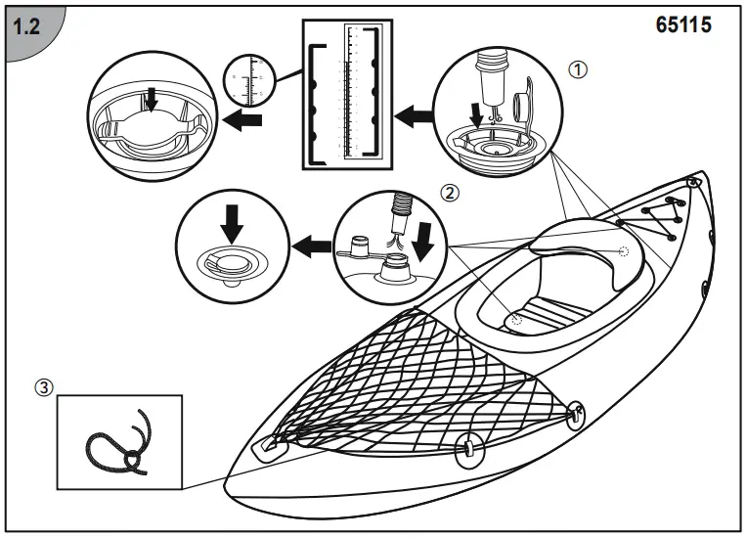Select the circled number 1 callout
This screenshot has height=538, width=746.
579,69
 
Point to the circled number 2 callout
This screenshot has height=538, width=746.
450,193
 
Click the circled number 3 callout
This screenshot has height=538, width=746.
42,387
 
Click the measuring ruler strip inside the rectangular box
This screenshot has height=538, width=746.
347,93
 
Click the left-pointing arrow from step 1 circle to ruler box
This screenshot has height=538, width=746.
412,117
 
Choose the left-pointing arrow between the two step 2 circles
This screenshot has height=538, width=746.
312,244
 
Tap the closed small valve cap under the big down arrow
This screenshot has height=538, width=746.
231,265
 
